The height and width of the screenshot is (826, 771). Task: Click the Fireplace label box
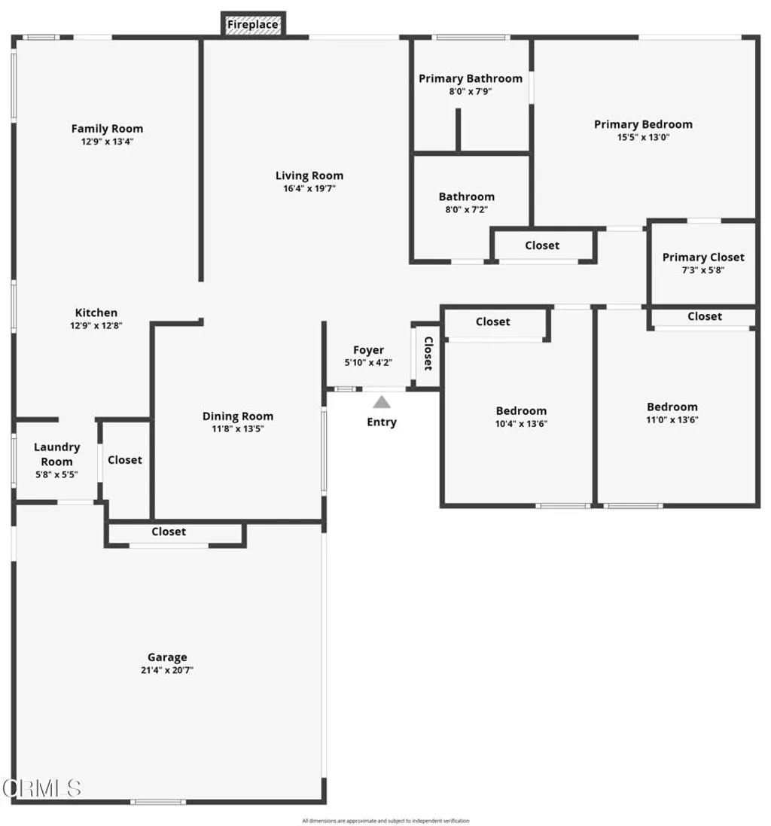point(253,25)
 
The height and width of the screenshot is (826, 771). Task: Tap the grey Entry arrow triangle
point(382,402)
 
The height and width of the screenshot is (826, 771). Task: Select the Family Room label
point(107,129)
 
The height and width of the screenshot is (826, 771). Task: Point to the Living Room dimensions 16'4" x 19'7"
point(309,188)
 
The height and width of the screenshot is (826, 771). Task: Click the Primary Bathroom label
point(470,78)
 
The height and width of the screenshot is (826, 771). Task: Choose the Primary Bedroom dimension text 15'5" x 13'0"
point(643,137)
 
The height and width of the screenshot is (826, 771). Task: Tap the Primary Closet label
point(703,257)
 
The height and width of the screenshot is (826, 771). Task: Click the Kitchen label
point(96,312)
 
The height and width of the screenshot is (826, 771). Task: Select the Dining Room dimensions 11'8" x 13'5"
point(237,428)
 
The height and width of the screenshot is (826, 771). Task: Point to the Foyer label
point(368,350)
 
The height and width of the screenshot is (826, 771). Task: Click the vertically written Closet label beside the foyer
point(428,354)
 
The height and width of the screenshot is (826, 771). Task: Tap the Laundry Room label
point(56,454)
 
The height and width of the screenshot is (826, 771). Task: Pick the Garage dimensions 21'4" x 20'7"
point(166,669)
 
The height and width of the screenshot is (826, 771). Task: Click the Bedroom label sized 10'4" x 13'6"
point(521,410)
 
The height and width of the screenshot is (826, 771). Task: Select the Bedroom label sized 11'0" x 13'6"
point(672,407)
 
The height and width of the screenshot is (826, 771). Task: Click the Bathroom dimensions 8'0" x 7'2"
point(467,209)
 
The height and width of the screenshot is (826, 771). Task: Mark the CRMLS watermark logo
point(41,788)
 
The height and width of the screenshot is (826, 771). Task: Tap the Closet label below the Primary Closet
point(704,316)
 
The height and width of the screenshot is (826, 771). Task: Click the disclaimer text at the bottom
point(385,821)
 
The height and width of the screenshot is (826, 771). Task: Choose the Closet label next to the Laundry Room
point(125,460)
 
